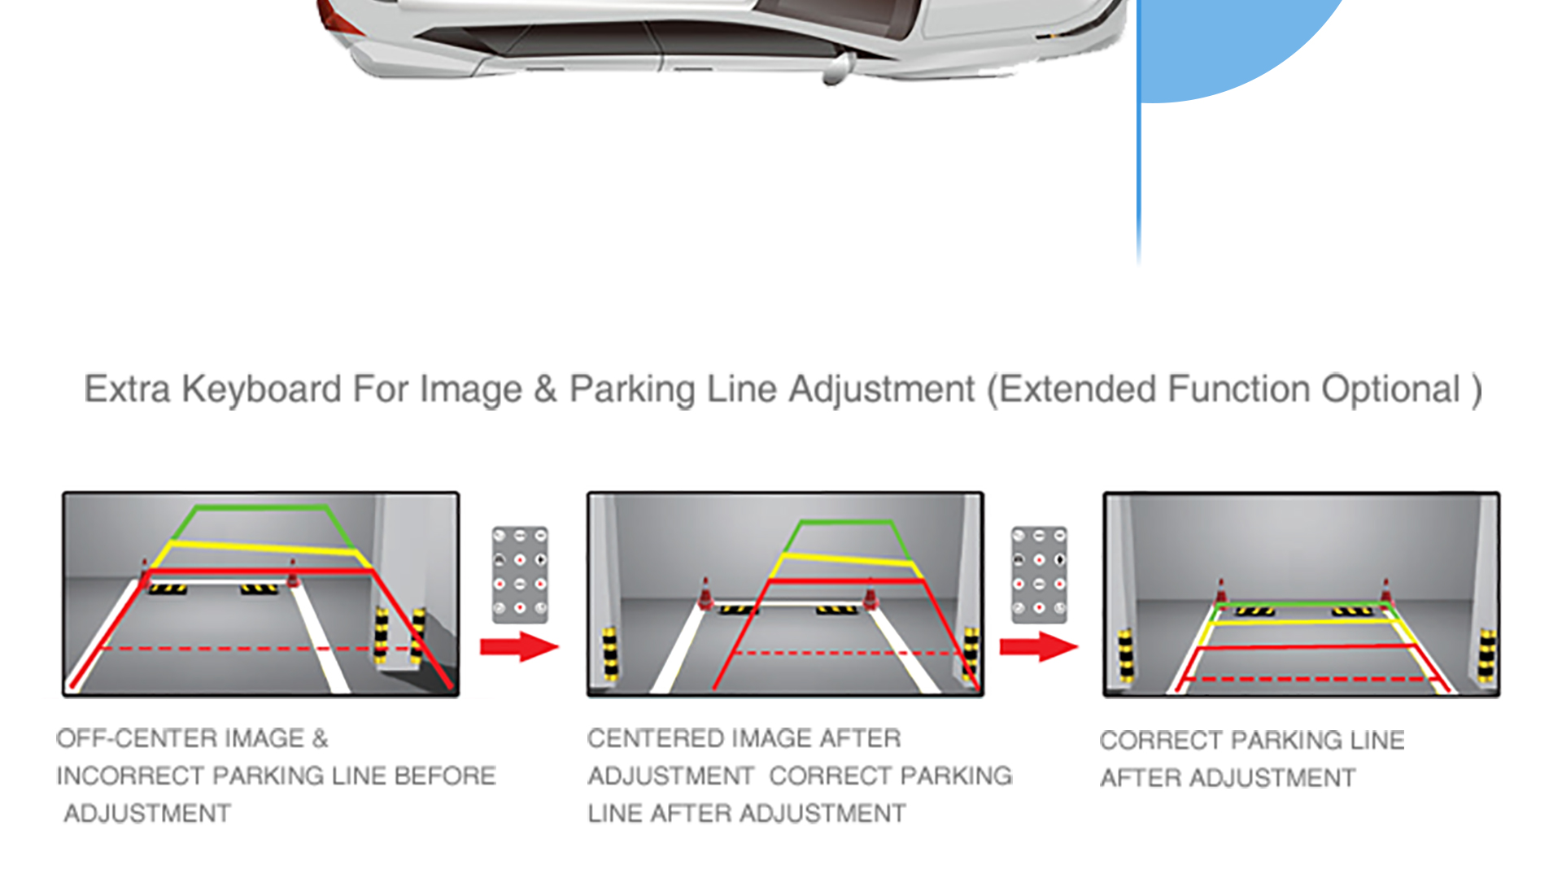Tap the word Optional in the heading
1390,389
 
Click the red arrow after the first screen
519,647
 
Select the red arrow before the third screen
1038,647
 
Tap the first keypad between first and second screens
520,574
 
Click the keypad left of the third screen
1039,574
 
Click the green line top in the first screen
260,507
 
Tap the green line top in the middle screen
846,521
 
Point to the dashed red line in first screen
244,649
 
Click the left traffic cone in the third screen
1220,591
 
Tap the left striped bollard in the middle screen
609,652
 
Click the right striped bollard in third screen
1486,654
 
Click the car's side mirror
837,70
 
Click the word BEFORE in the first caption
444,776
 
